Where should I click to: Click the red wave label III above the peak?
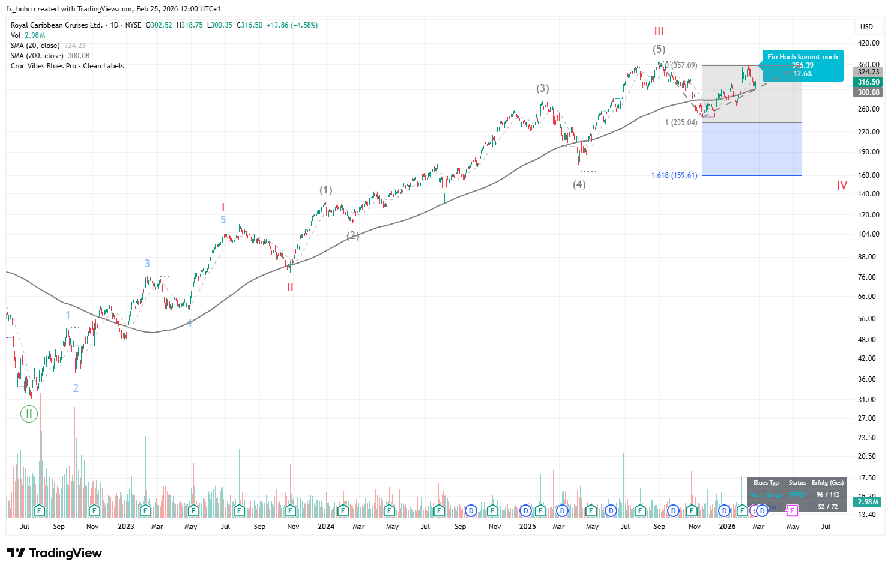coord(659,32)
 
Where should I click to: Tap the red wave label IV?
coord(842,186)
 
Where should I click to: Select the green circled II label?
coord(29,414)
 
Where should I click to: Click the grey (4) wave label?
coord(579,184)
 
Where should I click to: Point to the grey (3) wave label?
coord(542,88)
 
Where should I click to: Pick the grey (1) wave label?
coord(325,190)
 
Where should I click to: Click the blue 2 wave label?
coord(76,388)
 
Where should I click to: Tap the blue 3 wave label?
coord(147,264)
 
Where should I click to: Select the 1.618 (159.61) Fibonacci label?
coord(674,175)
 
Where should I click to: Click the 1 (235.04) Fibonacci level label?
coord(681,122)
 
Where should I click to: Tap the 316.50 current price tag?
coord(868,82)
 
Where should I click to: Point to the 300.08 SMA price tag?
coord(868,92)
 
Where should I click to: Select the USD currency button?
coord(866,26)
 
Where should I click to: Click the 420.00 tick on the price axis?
coord(868,43)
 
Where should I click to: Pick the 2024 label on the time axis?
coord(326,527)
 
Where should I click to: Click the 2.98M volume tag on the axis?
coord(868,502)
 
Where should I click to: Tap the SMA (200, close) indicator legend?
coord(50,56)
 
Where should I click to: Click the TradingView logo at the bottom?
coord(55,553)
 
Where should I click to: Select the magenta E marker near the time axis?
coord(792,510)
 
